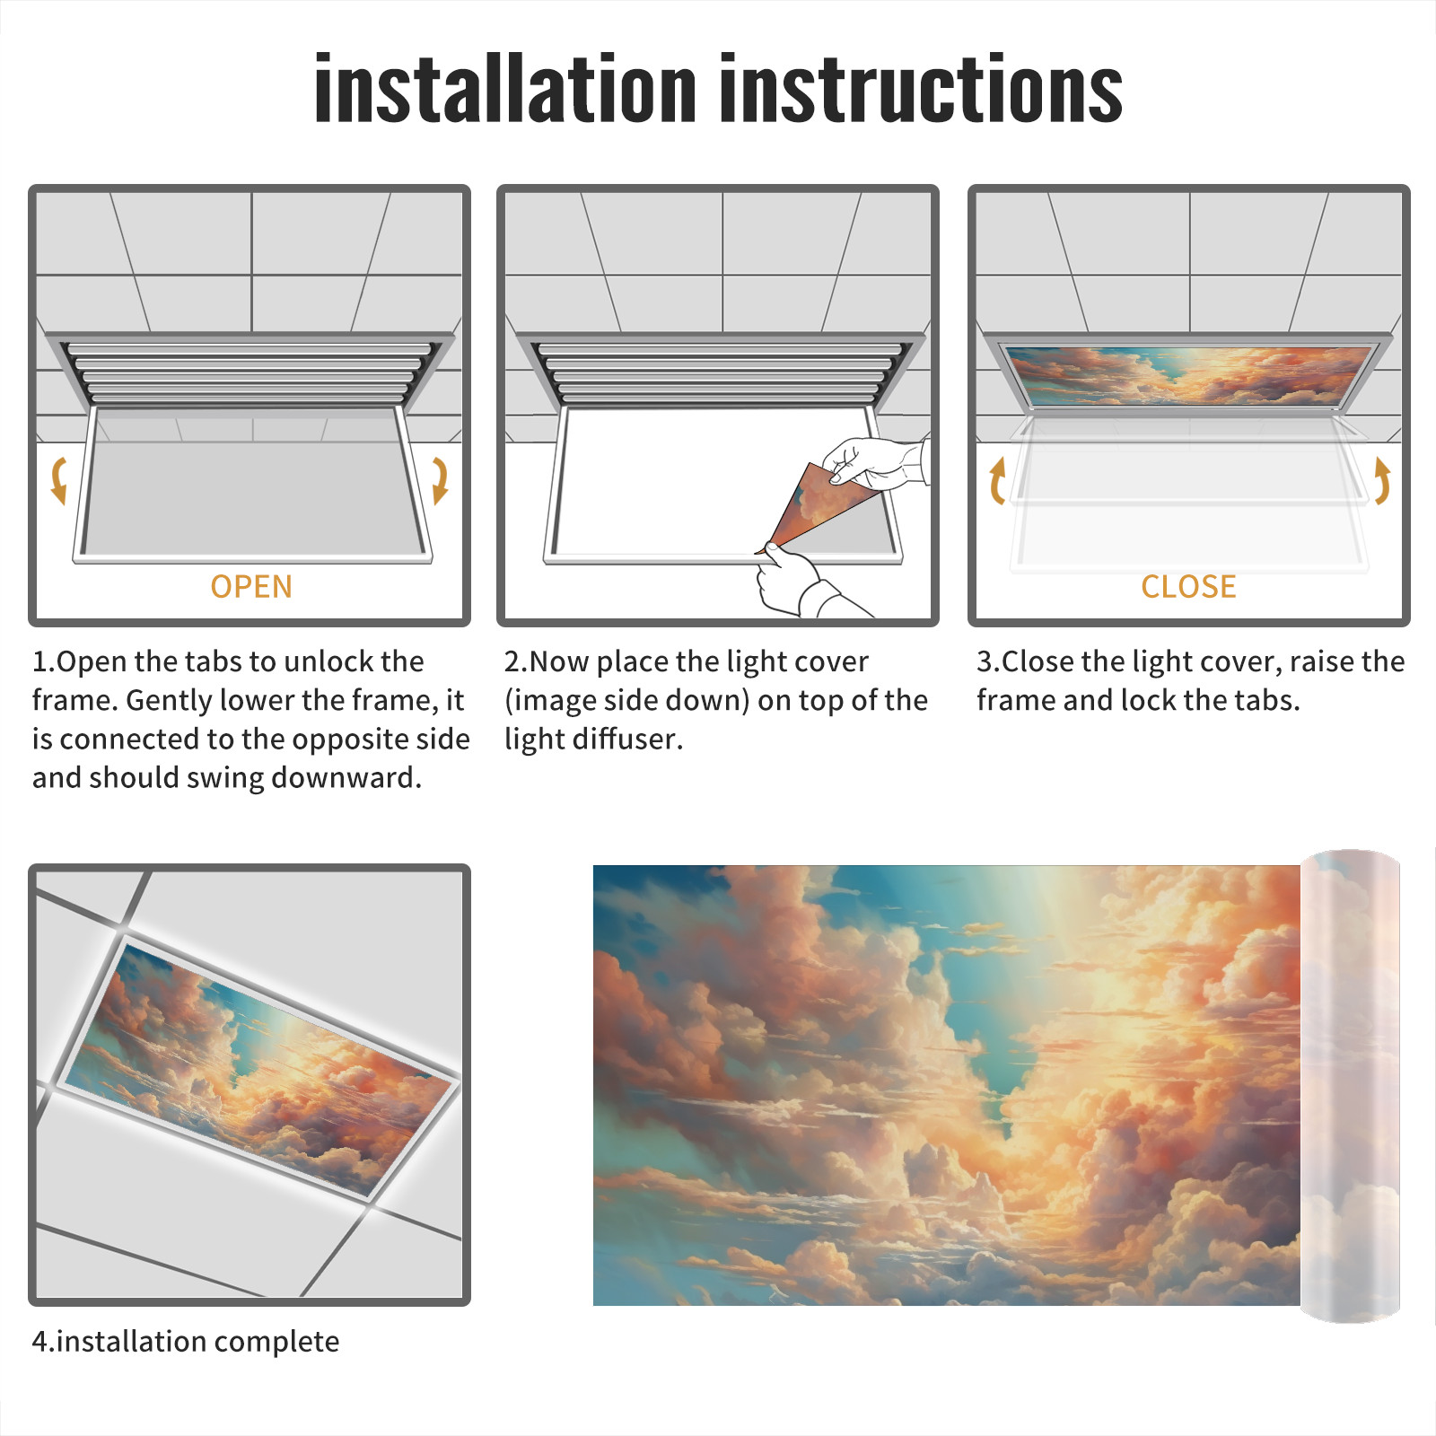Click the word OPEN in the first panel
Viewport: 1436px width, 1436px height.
pyautogui.click(x=251, y=587)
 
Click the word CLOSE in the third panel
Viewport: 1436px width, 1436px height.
pyautogui.click(x=1188, y=587)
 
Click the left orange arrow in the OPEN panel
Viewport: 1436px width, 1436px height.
pyautogui.click(x=59, y=480)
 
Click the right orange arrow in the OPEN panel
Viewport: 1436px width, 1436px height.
pyautogui.click(x=440, y=480)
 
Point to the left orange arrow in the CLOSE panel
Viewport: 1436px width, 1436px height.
pyautogui.click(x=997, y=480)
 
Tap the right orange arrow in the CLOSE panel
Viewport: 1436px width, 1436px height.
pyautogui.click(x=1382, y=480)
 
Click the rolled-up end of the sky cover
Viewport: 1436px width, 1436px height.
pyautogui.click(x=1351, y=1085)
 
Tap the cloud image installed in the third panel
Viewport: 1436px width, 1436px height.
pyautogui.click(x=1188, y=375)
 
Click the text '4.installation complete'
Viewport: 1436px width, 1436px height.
pyautogui.click(x=186, y=1341)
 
